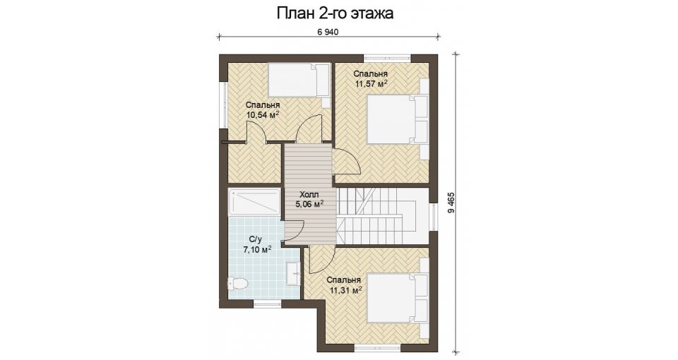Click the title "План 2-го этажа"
click(335, 13)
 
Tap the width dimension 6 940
click(327, 32)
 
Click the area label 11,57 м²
click(371, 84)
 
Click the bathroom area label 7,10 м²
click(257, 249)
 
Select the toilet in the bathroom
click(237, 284)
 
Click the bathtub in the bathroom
click(254, 202)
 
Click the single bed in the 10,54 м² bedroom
click(299, 80)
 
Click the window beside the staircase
click(434, 217)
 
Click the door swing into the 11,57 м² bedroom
click(346, 161)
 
